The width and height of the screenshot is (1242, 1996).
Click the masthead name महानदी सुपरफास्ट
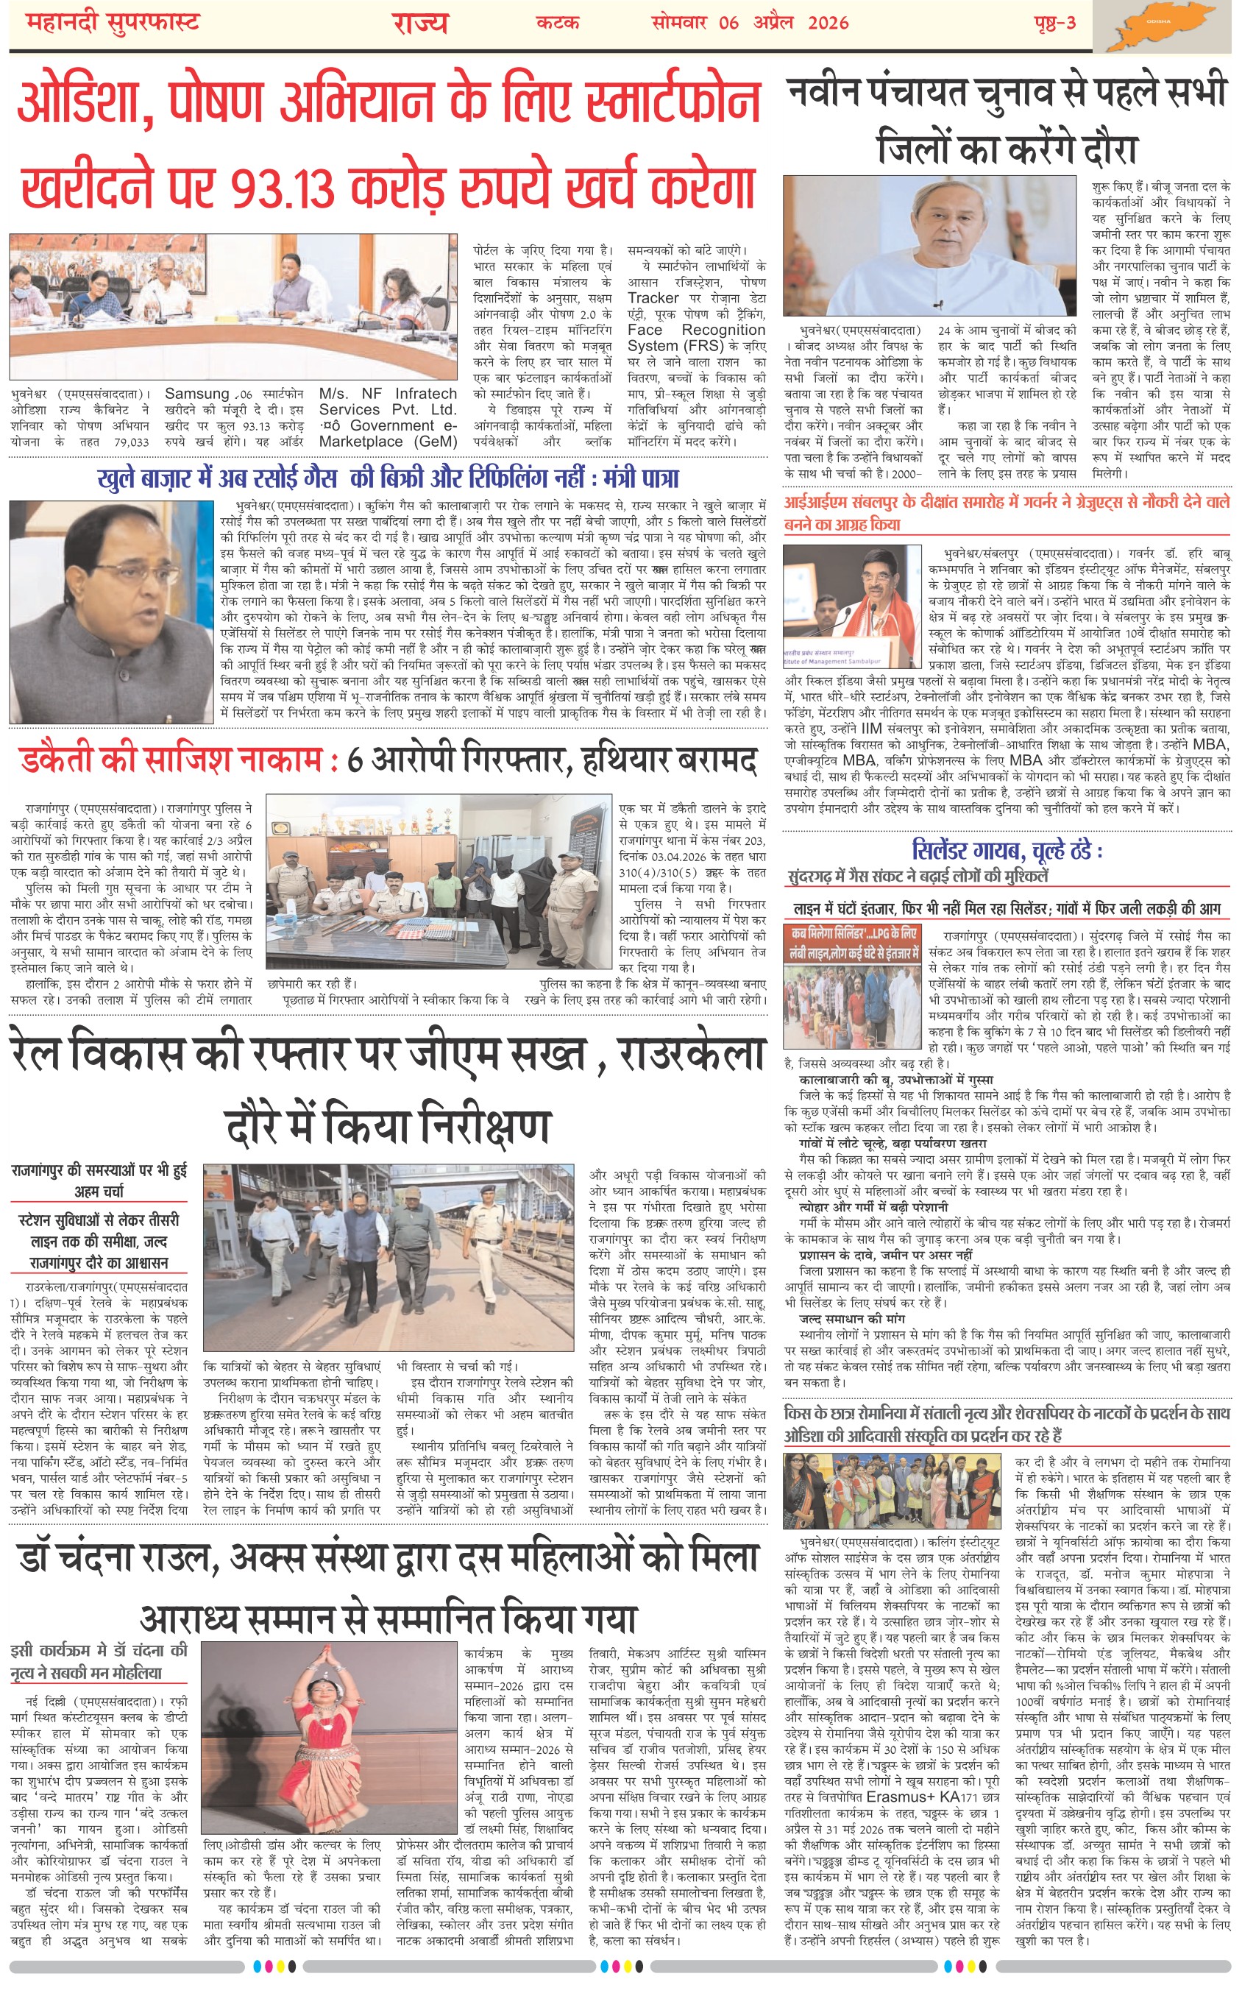click(113, 23)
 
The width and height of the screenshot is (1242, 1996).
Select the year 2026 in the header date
click(827, 23)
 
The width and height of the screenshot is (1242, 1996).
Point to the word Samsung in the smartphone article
click(197, 394)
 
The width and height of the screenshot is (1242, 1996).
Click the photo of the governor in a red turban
click(852, 606)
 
